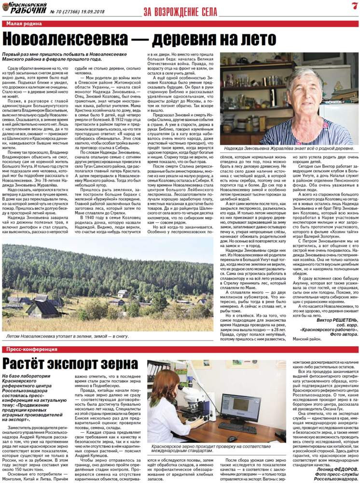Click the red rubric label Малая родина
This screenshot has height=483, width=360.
click(x=24, y=23)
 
